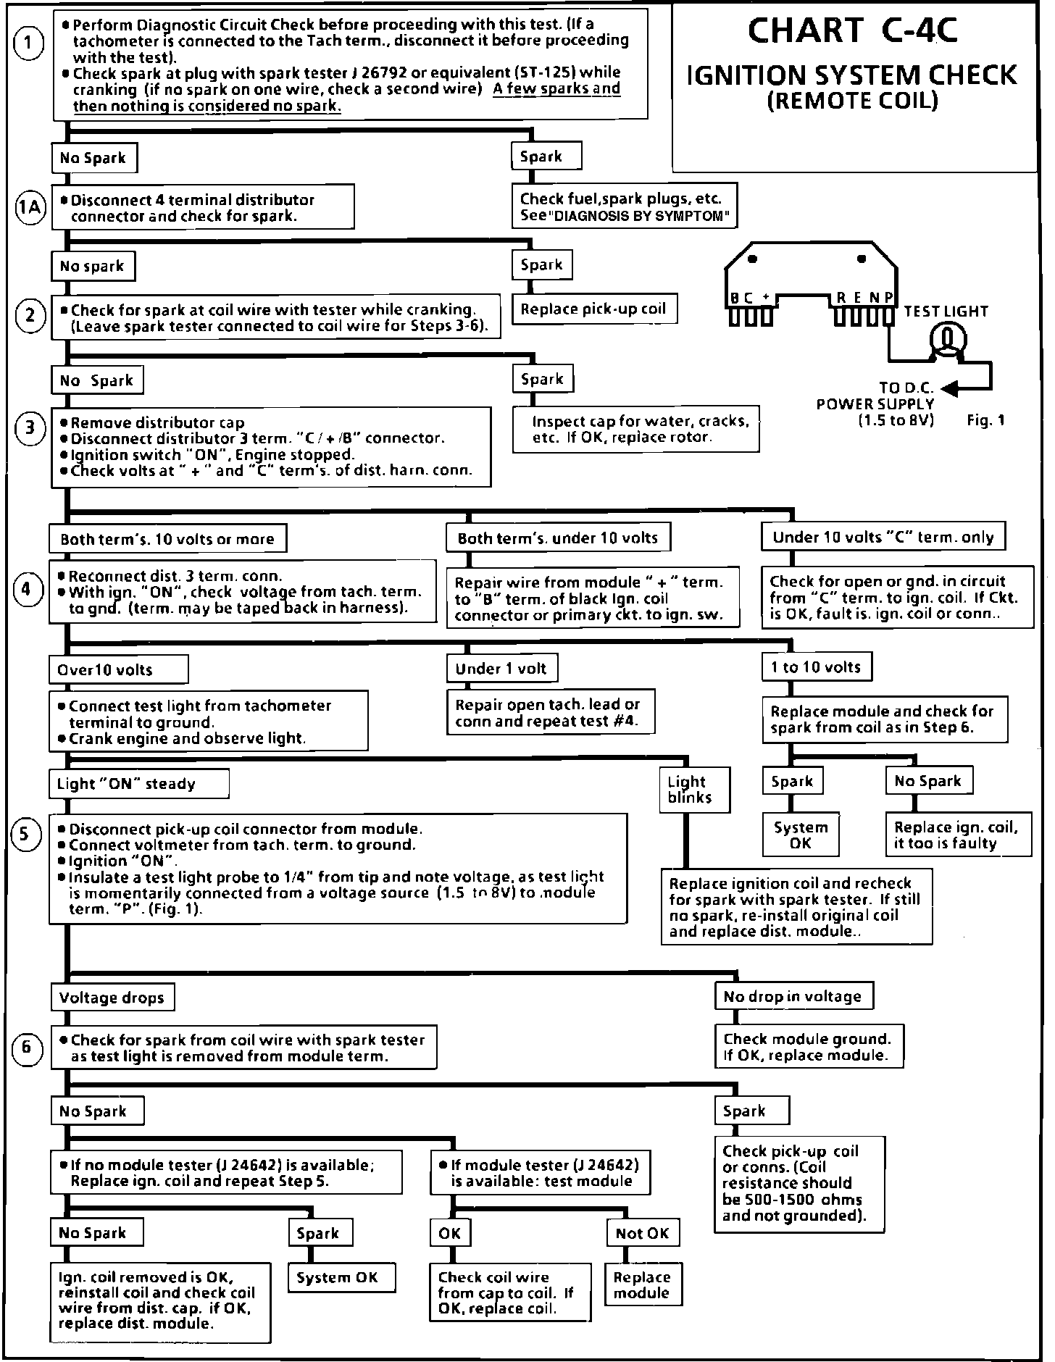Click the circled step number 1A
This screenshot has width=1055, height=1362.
tap(30, 208)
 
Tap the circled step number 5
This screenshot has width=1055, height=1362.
tap(26, 835)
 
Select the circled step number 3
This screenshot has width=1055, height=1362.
tap(30, 427)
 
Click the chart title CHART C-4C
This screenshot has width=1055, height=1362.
tap(852, 30)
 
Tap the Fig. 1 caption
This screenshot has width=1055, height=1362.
tap(985, 420)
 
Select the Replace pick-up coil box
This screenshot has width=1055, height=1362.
tap(593, 309)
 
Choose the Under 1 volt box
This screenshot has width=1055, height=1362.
tap(501, 669)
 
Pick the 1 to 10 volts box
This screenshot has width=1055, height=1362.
tap(816, 667)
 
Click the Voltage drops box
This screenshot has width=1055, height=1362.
tap(112, 998)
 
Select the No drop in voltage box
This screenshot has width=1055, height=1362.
tap(793, 996)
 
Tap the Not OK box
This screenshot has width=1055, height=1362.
tap(642, 1233)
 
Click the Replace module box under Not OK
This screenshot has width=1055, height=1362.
tap(642, 1284)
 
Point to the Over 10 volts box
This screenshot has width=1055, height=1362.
tap(118, 669)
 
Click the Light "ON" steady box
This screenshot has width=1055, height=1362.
tap(139, 784)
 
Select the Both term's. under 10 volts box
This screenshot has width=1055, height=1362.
tap(558, 538)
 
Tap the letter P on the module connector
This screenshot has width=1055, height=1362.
tap(888, 297)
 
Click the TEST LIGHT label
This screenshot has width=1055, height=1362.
tap(946, 312)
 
